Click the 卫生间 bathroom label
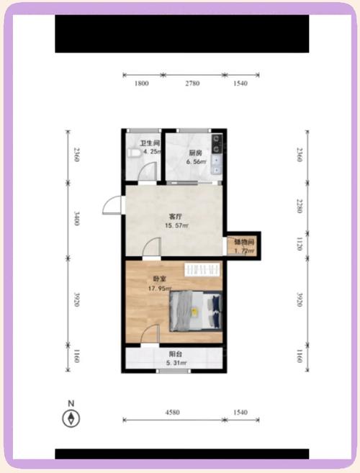tap(150, 143)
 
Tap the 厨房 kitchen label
tap(195, 153)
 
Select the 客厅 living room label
tap(175, 216)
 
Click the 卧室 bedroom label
tap(160, 279)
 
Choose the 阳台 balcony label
tap(175, 354)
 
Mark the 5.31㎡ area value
tap(176, 364)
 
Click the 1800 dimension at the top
tap(141, 84)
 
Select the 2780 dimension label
tap(192, 84)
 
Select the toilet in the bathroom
tap(132, 153)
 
